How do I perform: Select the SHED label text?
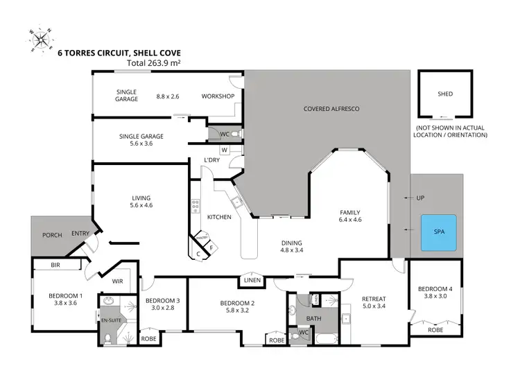444,94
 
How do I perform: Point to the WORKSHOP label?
218,96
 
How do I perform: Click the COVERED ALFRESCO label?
331,110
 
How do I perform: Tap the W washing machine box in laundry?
224,149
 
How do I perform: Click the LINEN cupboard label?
251,281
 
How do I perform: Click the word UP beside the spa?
419,198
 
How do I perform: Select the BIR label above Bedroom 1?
55,265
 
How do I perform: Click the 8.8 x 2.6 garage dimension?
168,96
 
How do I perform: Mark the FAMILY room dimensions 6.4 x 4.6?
350,220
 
